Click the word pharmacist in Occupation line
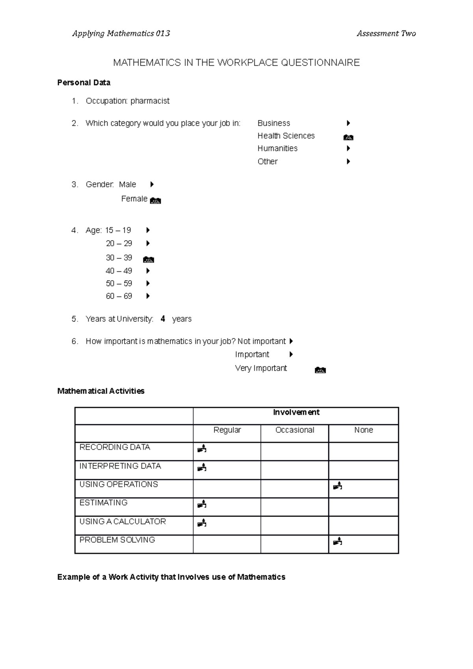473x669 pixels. click(150, 101)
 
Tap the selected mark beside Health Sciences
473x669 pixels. click(348, 138)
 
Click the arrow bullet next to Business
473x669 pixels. click(348, 123)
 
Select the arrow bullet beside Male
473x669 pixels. click(152, 184)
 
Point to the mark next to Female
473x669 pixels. click(156, 201)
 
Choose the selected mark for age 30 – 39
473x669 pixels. click(149, 259)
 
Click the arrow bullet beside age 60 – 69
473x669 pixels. click(148, 296)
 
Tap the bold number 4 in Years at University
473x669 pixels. click(163, 319)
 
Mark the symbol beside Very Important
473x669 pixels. click(320, 370)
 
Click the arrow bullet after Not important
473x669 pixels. click(291, 341)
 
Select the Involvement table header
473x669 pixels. click(296, 413)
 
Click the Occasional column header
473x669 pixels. click(294, 430)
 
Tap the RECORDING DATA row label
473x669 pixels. click(115, 447)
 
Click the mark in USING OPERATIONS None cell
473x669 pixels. click(337, 486)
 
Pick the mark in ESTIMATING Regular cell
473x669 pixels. click(202, 504)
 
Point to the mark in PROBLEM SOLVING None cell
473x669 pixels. click(337, 542)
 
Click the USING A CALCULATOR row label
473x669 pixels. click(123, 522)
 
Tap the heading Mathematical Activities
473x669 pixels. click(101, 391)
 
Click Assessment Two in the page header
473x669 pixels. click(386, 34)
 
